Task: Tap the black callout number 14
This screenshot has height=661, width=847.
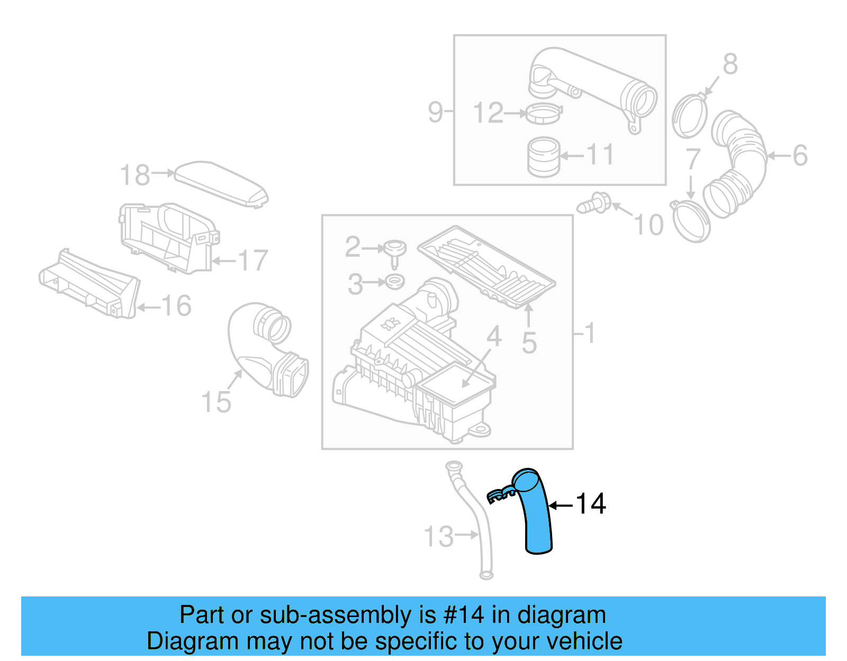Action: coord(590,504)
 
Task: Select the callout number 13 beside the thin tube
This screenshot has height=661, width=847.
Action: coord(439,537)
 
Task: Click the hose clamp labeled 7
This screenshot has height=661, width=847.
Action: coord(690,221)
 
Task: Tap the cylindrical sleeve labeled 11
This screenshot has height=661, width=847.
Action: coord(543,157)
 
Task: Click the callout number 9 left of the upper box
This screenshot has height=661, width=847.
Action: coord(435,112)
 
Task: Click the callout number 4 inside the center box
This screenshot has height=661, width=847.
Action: coord(493,336)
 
